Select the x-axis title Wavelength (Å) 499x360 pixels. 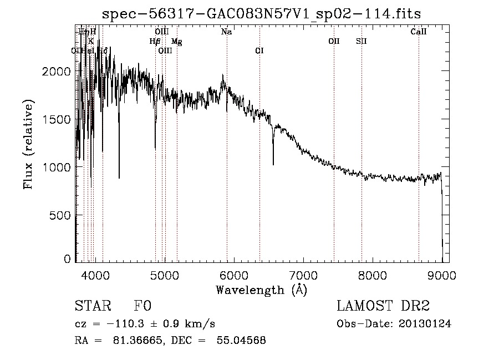(261, 290)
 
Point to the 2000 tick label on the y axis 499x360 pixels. (55, 72)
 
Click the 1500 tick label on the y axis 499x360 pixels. (55, 119)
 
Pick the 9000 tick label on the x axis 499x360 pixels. (442, 275)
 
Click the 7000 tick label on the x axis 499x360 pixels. (303, 275)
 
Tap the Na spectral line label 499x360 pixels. (226, 32)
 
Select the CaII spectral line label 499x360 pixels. (419, 32)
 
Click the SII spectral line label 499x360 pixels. (361, 41)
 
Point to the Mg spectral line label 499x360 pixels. (176, 42)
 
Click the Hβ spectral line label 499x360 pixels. (155, 41)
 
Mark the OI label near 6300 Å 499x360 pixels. (259, 50)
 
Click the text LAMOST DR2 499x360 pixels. (383, 306)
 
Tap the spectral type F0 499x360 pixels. (142, 306)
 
